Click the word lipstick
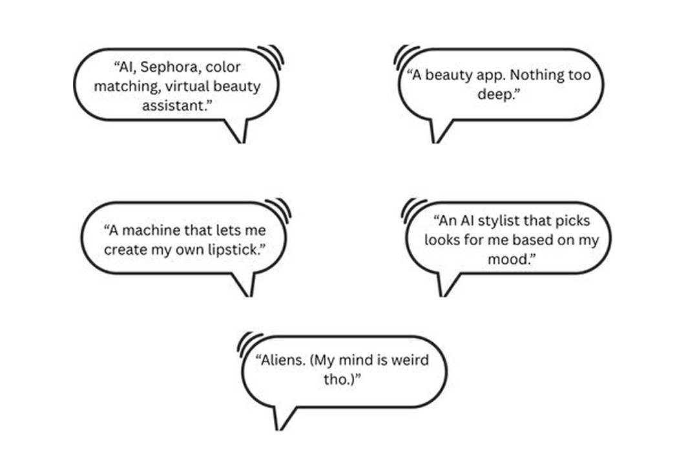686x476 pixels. click(x=238, y=250)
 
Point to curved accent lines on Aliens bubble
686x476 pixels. click(x=249, y=343)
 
